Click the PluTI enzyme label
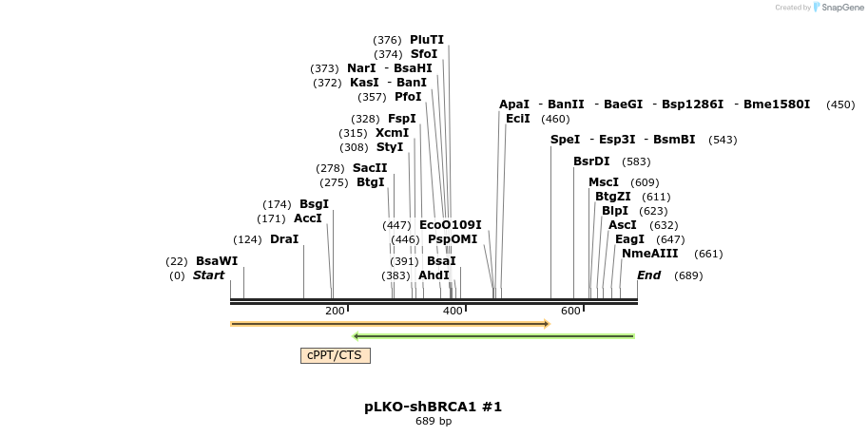(427, 40)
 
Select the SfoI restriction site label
(424, 54)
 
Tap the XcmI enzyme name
(392, 133)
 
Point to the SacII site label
(370, 168)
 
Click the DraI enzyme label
(284, 239)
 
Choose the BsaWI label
(217, 261)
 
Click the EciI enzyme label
(518, 119)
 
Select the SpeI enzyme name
(565, 140)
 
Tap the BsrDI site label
(591, 161)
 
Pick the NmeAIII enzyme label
(650, 254)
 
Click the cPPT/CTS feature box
(335, 355)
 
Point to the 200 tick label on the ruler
(335, 312)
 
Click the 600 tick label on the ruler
(570, 312)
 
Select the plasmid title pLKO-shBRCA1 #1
(433, 407)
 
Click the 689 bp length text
(433, 421)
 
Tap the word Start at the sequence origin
(208, 275)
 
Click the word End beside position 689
(648, 275)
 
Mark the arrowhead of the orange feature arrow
(547, 324)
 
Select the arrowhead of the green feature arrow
(356, 336)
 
